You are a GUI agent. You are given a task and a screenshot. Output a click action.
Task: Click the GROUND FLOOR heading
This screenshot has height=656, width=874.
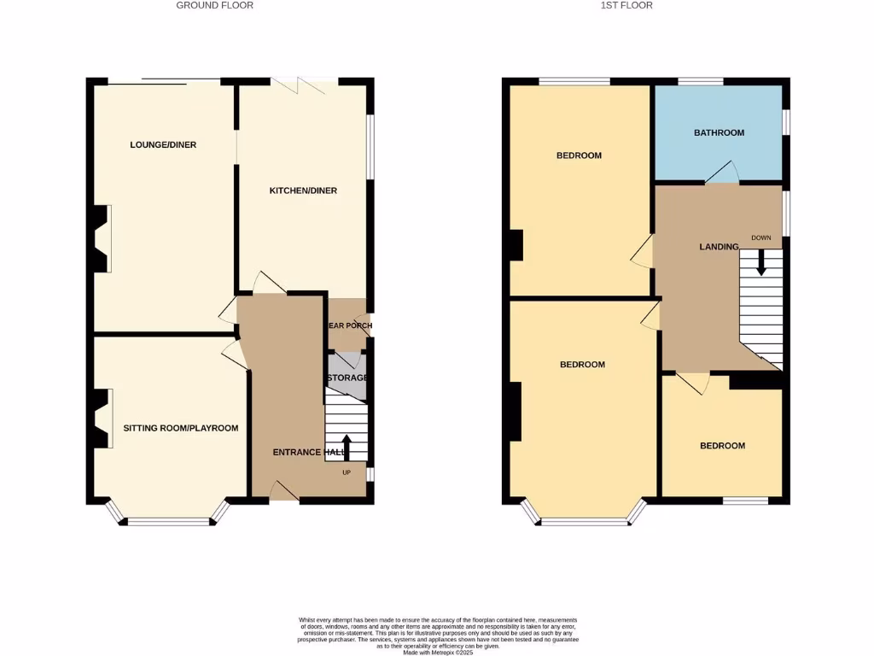pyautogui.click(x=214, y=5)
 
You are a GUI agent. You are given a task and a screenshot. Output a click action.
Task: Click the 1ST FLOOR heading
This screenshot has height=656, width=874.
pyautogui.click(x=632, y=5)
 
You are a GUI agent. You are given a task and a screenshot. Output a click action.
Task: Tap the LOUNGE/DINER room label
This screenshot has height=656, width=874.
pyautogui.click(x=163, y=145)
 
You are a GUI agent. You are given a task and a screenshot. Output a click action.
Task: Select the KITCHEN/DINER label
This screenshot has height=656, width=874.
pyautogui.click(x=303, y=190)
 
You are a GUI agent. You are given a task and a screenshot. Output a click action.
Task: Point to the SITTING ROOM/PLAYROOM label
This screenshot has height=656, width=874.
pyautogui.click(x=181, y=428)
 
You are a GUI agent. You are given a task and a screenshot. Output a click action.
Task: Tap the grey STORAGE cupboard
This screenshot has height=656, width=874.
pyautogui.click(x=346, y=378)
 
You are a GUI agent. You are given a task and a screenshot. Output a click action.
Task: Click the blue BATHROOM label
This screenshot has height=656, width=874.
pyautogui.click(x=719, y=132)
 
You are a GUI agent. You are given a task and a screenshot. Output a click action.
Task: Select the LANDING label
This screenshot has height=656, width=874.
pyautogui.click(x=719, y=247)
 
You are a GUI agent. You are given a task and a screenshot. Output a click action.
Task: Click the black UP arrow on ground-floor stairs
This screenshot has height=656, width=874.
pyautogui.click(x=346, y=446)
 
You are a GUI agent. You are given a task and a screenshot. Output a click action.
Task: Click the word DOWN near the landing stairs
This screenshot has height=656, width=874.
pyautogui.click(x=761, y=237)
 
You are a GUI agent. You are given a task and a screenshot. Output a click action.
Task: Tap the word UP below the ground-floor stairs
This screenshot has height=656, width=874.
pyautogui.click(x=346, y=472)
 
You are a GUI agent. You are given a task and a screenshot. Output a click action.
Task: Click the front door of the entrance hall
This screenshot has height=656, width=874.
pyautogui.click(x=283, y=491)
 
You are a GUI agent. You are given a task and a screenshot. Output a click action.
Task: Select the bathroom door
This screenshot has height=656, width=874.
pyautogui.click(x=722, y=173)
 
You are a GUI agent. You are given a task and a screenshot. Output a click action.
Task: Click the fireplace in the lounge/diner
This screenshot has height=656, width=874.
pyautogui.click(x=102, y=238)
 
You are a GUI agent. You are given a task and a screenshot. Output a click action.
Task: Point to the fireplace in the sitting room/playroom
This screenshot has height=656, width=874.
pyautogui.click(x=102, y=419)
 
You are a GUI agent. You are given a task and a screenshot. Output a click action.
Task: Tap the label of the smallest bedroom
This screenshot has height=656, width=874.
pyautogui.click(x=722, y=446)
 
